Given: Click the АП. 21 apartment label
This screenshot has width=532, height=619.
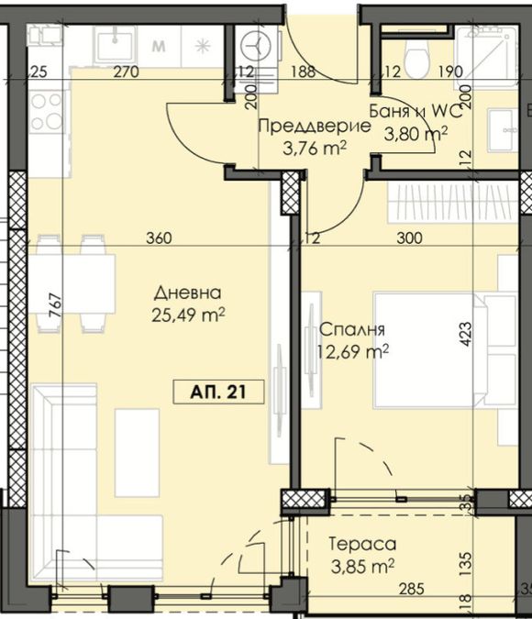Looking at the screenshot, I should (218, 392).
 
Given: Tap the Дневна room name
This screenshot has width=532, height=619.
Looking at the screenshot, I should (188, 293).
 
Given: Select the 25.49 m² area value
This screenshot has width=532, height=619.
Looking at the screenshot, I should (188, 315).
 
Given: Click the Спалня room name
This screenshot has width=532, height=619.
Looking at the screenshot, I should (351, 329).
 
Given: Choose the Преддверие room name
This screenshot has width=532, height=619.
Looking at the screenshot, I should (314, 127).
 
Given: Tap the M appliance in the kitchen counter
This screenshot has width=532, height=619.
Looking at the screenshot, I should (158, 45).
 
